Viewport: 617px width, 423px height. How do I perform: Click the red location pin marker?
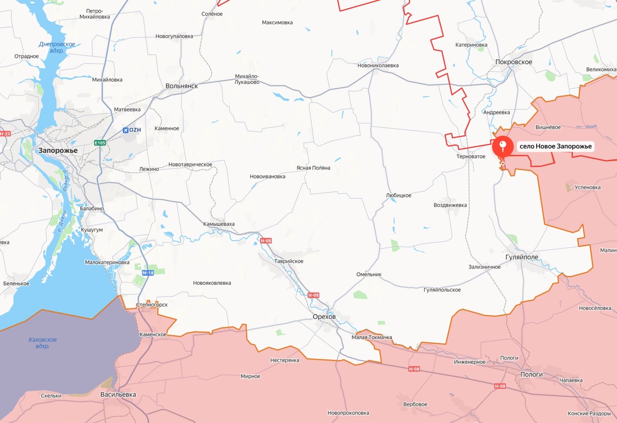(502, 146)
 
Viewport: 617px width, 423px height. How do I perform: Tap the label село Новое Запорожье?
(556, 146)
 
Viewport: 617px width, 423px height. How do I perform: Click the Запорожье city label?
(58, 151)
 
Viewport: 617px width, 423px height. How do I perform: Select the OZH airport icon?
(126, 130)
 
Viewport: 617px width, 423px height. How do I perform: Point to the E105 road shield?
(100, 143)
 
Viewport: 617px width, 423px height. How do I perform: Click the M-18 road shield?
(148, 273)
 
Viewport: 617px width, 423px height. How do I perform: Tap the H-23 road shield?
(5, 134)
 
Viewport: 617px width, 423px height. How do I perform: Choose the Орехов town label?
(324, 317)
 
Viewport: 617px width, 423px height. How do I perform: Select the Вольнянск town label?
(182, 86)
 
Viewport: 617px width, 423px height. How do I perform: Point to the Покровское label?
(514, 62)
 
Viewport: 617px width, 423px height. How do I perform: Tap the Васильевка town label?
(118, 394)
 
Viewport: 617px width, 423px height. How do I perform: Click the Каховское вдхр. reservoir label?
(43, 343)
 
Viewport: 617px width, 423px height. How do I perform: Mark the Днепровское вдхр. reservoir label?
(58, 47)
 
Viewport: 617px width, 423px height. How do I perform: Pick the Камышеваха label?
(219, 224)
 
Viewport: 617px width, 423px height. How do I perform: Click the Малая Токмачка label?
(372, 337)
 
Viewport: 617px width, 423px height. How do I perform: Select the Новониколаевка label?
(378, 66)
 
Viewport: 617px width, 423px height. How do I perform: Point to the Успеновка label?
(587, 188)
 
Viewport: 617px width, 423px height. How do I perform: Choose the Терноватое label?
(471, 156)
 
